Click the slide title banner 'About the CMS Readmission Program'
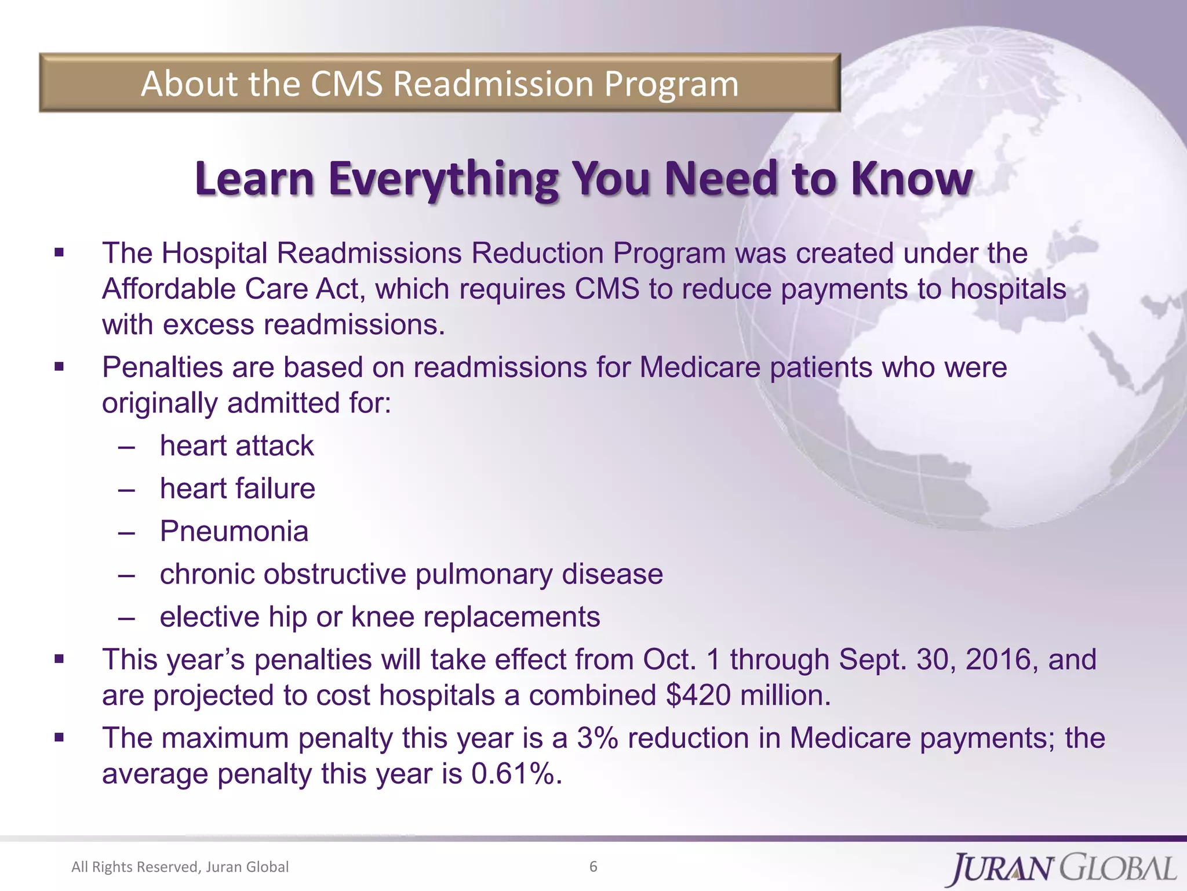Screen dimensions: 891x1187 (439, 83)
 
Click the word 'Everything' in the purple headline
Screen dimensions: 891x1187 (443, 179)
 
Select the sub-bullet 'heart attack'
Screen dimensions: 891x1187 (236, 446)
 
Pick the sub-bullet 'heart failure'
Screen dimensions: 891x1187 (238, 488)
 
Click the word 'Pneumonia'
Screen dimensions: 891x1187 (234, 531)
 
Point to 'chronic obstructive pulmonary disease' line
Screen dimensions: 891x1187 (412, 574)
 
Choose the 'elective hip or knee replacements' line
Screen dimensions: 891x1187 (380, 617)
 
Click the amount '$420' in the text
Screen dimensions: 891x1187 (698, 696)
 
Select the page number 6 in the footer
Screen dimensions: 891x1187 (593, 867)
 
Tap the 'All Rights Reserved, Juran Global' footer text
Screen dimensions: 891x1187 (180, 867)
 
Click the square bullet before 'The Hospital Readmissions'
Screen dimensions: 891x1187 (59, 253)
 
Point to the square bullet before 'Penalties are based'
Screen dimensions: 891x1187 (59, 367)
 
